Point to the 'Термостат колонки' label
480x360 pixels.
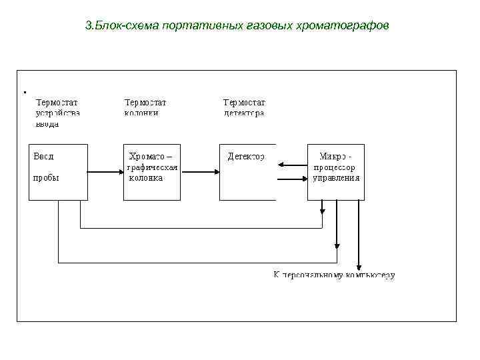pos(145,108)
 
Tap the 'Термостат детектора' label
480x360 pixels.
pos(244,108)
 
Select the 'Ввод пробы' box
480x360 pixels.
pos(58,171)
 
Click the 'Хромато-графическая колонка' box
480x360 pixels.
pos(152,171)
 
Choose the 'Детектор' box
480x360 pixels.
pos(247,171)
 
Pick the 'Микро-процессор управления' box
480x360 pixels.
pos(336,171)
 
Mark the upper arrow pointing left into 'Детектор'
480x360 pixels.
pos(291,165)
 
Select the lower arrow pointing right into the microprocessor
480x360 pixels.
pos(291,179)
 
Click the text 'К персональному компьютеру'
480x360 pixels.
pos(334,275)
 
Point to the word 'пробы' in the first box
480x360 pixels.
pos(47,178)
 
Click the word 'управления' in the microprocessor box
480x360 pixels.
pos(337,178)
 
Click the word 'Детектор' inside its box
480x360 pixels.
pos(246,157)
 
